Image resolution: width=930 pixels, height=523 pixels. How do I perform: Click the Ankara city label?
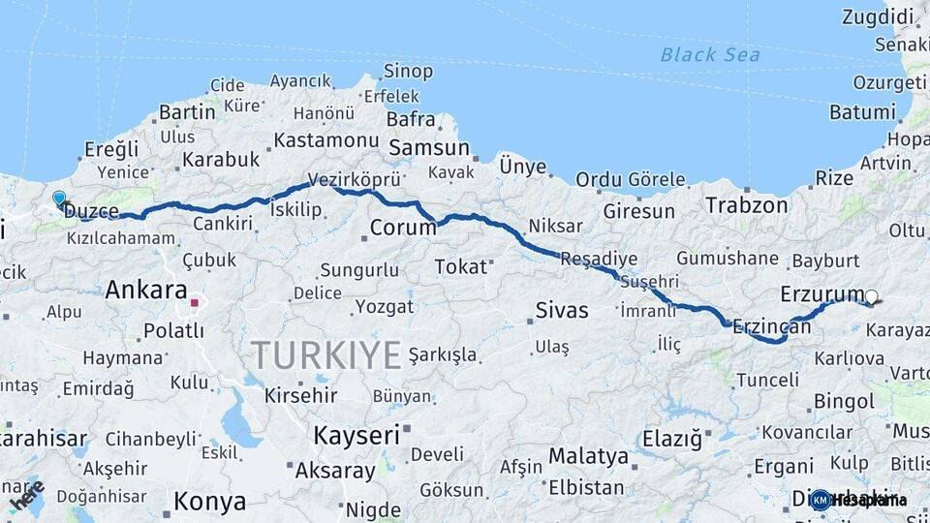coord(146,290)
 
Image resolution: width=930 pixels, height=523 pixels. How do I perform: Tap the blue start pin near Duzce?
coord(60,199)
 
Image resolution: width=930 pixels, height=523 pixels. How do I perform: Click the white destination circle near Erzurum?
coord(872,297)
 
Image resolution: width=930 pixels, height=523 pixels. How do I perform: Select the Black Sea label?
coord(710,54)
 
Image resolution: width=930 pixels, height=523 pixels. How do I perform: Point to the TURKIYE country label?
coord(325,355)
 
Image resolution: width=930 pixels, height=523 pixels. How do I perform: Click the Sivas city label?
coord(562,311)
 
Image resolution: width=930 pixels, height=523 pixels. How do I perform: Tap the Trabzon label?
coord(746,205)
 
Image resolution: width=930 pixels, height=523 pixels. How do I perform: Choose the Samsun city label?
coord(428,149)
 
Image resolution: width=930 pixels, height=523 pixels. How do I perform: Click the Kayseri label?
coord(356,436)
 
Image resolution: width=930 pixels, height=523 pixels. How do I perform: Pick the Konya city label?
coord(209,502)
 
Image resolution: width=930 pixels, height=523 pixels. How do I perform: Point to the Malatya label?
coord(588,455)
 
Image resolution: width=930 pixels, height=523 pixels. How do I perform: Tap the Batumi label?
coord(862,112)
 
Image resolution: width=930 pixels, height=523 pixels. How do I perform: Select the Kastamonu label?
coord(325,140)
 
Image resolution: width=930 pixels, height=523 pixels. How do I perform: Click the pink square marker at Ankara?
coord(195,303)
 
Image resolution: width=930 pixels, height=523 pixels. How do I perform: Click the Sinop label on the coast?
coord(408,71)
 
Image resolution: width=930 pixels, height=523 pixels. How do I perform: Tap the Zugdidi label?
coord(878,16)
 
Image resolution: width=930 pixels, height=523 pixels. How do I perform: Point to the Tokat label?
coord(460,266)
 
